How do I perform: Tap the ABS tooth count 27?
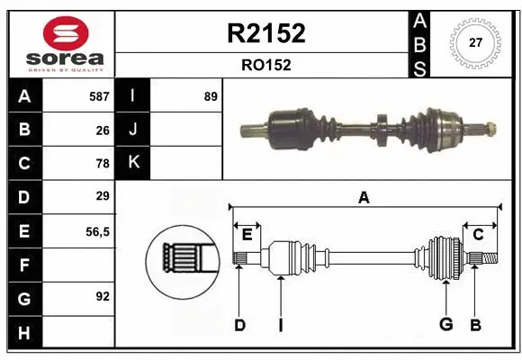477,43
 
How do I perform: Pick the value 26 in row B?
103,130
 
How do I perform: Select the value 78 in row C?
103,163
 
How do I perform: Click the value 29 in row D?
103,196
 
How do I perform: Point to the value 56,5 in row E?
97,231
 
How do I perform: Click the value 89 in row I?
211,95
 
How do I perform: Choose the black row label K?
134,163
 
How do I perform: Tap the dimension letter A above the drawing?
364,198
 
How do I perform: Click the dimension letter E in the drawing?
247,235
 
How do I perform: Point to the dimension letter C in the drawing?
479,235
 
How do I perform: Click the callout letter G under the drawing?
445,325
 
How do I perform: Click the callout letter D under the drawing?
239,325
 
